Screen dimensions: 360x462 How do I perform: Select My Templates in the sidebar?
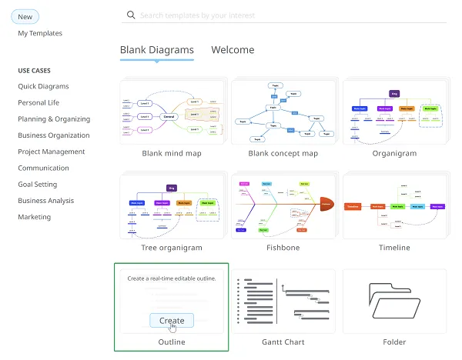coord(40,33)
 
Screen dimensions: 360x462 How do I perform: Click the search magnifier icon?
coord(131,15)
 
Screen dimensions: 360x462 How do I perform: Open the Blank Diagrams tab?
coord(157,50)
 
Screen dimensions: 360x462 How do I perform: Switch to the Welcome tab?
coord(233,50)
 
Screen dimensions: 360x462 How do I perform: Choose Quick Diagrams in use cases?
coord(43,86)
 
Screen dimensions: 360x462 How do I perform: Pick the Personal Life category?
coord(38,102)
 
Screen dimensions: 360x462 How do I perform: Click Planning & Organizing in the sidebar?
coord(54,119)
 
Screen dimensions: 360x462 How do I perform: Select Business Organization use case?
coord(54,135)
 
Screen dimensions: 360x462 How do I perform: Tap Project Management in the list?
coord(52,152)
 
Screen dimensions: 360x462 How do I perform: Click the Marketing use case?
coord(35,217)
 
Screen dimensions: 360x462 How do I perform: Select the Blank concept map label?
coord(283,153)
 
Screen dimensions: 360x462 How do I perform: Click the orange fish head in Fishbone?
coord(326,205)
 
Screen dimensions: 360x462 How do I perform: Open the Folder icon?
coord(394,302)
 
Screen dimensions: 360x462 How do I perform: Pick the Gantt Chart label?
coord(283,342)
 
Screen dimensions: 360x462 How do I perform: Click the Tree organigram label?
coord(172,248)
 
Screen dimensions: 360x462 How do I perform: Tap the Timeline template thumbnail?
coord(394,205)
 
